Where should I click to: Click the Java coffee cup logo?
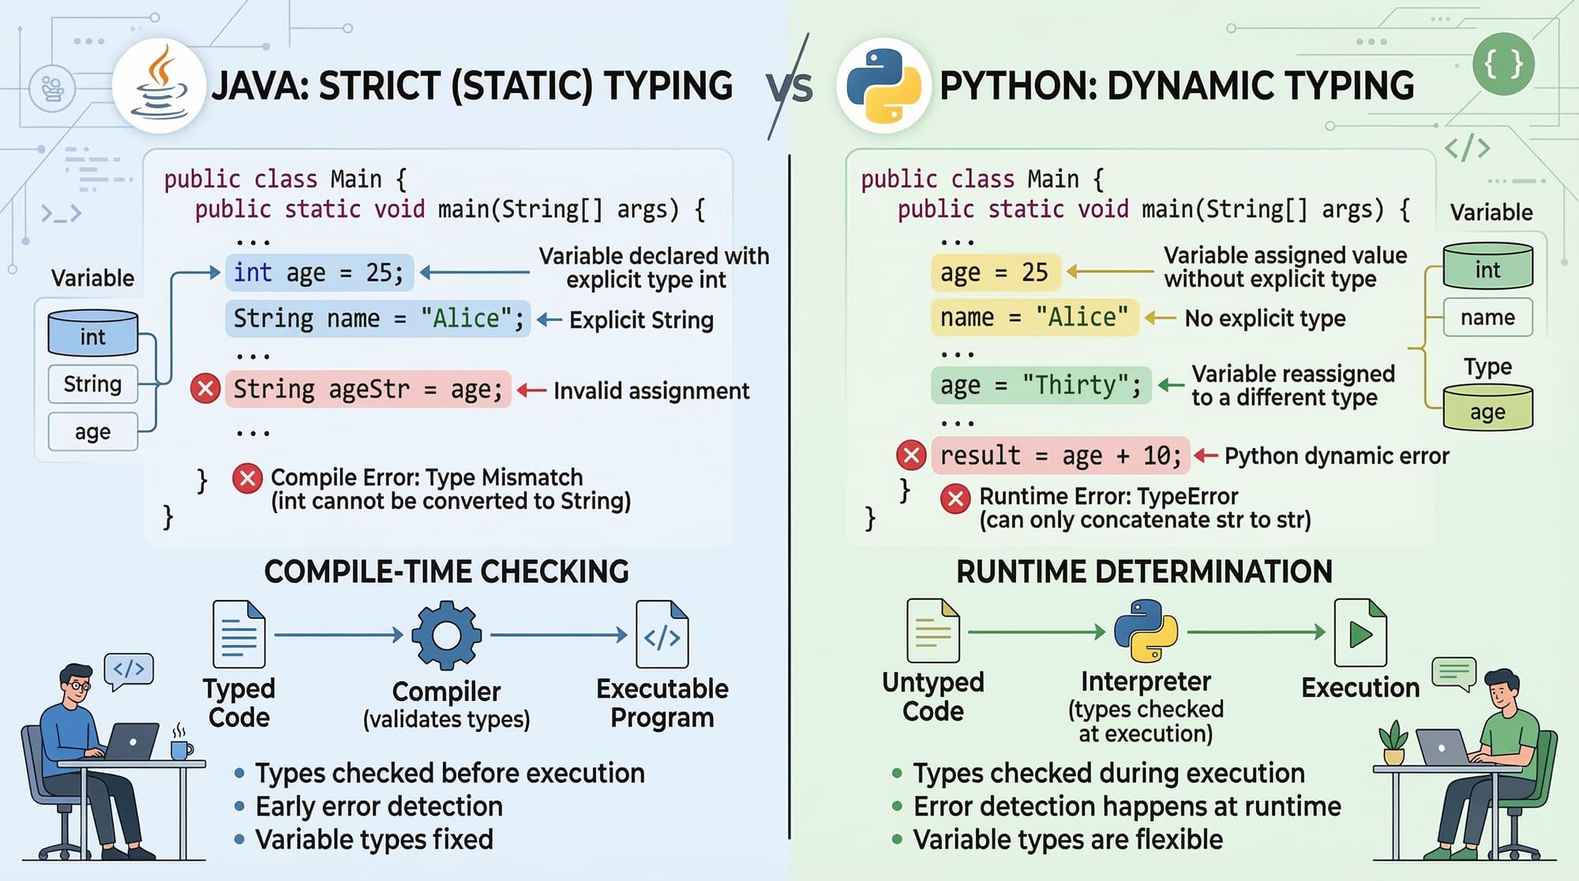(159, 85)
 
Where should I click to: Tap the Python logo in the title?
(883, 85)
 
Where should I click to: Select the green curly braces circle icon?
(1503, 65)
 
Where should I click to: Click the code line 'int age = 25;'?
(319, 273)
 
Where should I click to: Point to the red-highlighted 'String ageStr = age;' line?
(368, 389)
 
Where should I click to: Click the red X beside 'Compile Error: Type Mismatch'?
(247, 478)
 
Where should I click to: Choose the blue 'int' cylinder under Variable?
(93, 333)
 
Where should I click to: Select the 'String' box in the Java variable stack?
(93, 384)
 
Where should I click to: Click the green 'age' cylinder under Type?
(1487, 407)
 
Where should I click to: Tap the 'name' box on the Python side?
(1487, 317)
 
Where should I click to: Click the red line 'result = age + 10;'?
(1060, 455)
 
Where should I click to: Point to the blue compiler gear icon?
(446, 635)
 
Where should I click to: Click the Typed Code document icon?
(239, 634)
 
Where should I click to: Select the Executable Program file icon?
(662, 634)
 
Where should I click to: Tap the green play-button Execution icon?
(1360, 632)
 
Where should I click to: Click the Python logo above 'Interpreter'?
(1146, 631)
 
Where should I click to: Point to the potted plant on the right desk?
(1393, 743)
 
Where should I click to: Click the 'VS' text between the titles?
(790, 87)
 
